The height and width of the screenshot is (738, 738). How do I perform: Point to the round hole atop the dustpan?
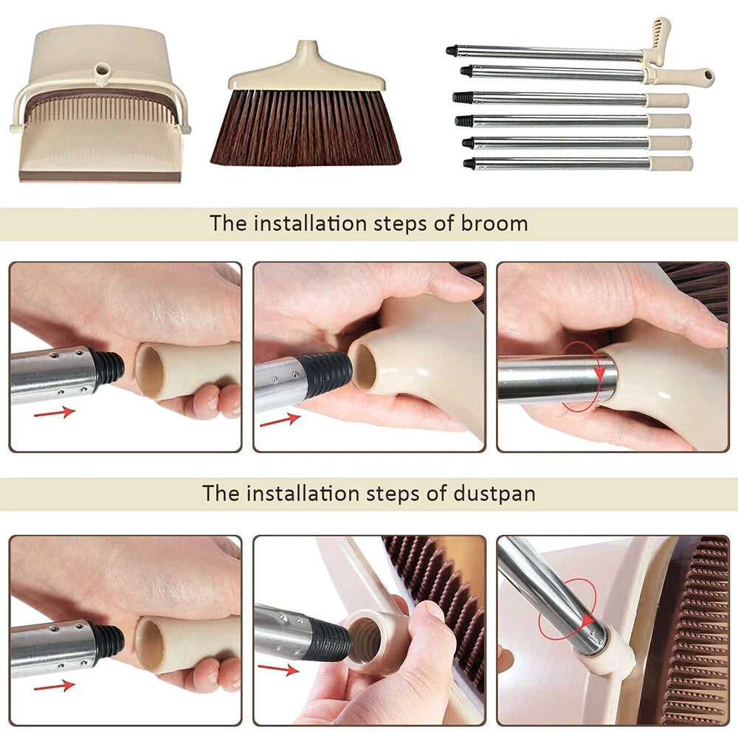pyautogui.click(x=102, y=72)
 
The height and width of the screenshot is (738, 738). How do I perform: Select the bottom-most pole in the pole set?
pyautogui.click(x=561, y=164)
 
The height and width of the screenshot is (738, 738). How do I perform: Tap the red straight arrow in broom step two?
pyautogui.click(x=280, y=420)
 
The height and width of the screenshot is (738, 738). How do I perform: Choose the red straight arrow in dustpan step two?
pyautogui.click(x=280, y=670)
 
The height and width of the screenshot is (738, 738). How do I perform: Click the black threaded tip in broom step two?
pyautogui.click(x=329, y=373)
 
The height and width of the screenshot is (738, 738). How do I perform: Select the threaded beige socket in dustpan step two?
pyautogui.click(x=367, y=635)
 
